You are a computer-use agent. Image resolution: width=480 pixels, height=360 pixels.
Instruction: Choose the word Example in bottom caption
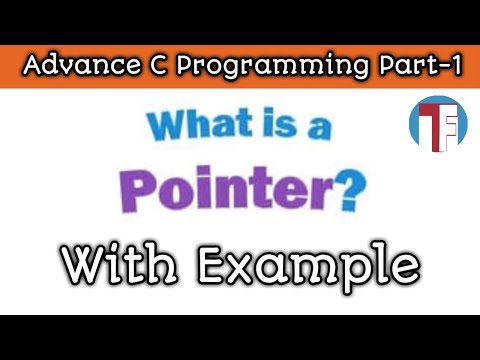(x=306, y=266)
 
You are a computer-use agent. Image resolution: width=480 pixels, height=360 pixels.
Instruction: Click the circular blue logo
(x=436, y=125)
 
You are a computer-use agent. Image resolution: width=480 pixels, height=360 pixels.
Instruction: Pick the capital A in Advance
(x=31, y=67)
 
